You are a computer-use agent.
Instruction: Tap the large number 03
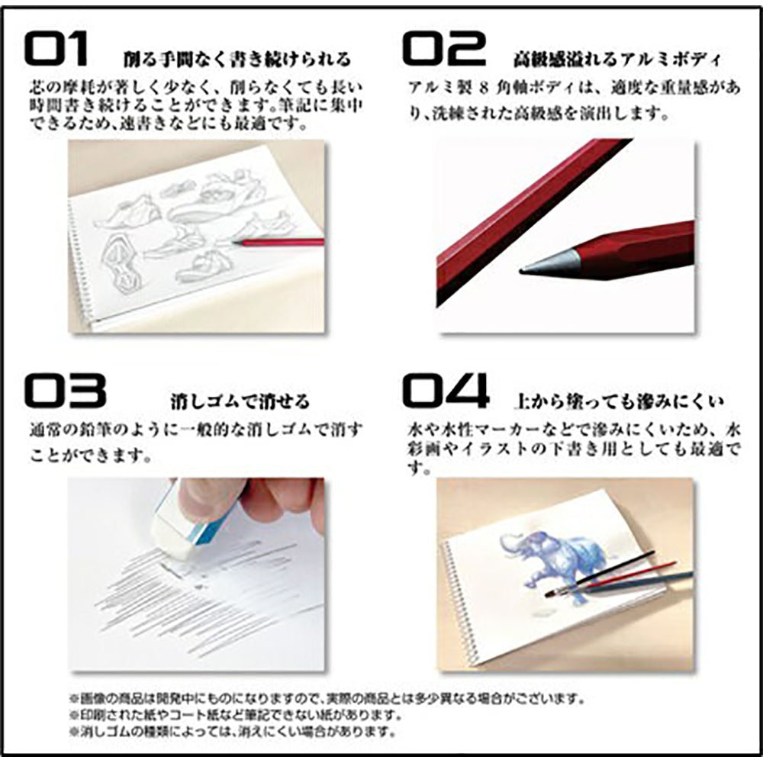coord(64,390)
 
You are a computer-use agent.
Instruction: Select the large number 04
coord(446,390)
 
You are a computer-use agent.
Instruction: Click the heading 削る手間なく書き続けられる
coord(237,59)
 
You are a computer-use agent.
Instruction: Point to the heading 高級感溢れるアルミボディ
coord(617,59)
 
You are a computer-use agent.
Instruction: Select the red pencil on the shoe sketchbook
coord(278,243)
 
